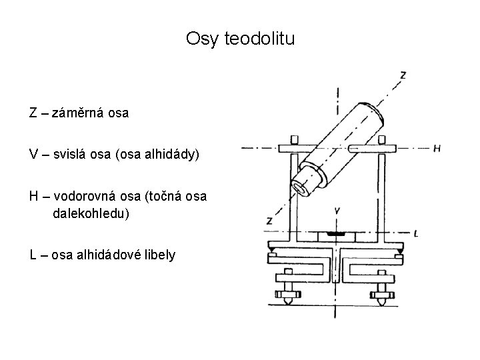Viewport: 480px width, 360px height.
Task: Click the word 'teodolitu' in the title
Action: pyautogui.click(x=257, y=39)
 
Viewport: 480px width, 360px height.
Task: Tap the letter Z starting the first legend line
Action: pyautogui.click(x=33, y=113)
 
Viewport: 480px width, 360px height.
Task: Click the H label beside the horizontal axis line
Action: pyautogui.click(x=437, y=148)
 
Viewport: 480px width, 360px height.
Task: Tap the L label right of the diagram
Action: pyautogui.click(x=415, y=233)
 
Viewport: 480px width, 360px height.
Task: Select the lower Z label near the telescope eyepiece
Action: pyautogui.click(x=269, y=220)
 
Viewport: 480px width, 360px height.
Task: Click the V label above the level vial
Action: pyautogui.click(x=337, y=211)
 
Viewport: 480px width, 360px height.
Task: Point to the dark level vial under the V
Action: pyautogui.click(x=337, y=234)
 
